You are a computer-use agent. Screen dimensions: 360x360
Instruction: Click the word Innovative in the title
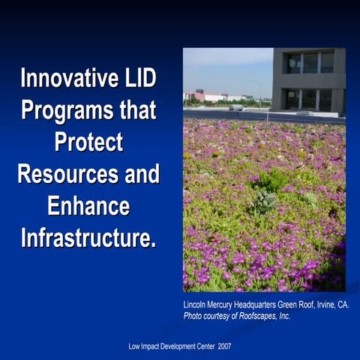pyautogui.click(x=66, y=77)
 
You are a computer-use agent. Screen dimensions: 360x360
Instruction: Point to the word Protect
pyautogui.click(x=88, y=142)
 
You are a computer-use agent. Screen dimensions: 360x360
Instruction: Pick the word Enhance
pyautogui.click(x=88, y=206)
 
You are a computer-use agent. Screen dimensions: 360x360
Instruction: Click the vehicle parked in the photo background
pyautogui.click(x=237, y=108)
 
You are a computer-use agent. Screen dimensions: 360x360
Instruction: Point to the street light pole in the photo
pyautogui.click(x=259, y=93)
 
